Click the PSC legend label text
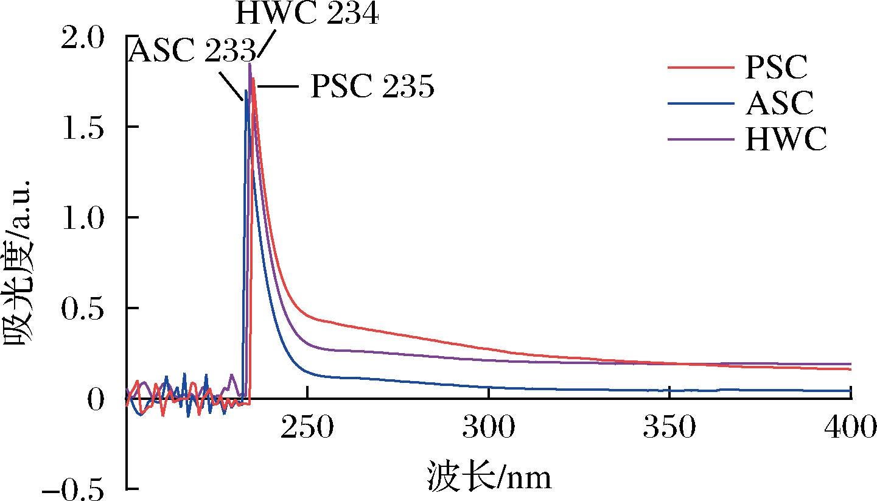pyautogui.click(x=776, y=68)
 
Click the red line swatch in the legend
pyautogui.click(x=700, y=68)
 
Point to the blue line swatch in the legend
pyautogui.click(x=700, y=103)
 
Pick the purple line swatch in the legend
pyautogui.click(x=700, y=139)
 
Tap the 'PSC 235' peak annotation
pyautogui.click(x=372, y=87)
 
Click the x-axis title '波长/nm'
pyautogui.click(x=489, y=477)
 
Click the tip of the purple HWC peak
pyautogui.click(x=250, y=63)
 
